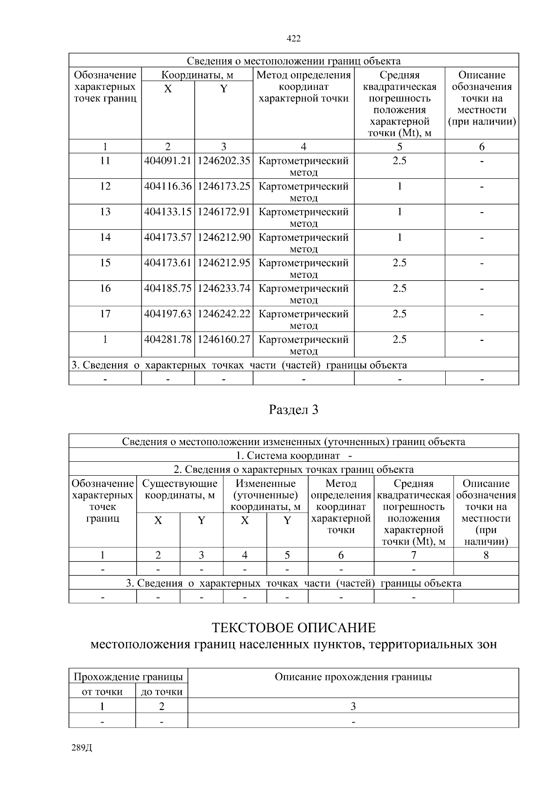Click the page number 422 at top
294,39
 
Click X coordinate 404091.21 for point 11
168,161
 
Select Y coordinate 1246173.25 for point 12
224,186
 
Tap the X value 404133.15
168,212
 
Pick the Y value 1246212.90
224,237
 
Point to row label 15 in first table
105,263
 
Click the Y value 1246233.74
224,288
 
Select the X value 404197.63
168,314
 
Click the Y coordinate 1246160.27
224,339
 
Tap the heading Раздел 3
294,410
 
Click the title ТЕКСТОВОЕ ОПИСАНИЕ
294,628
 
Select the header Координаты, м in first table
197,75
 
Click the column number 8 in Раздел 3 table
486,555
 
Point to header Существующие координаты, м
180,490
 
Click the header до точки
162,692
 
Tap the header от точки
102,692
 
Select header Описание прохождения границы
353,677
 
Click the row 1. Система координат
294,455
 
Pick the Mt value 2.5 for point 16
399,288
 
